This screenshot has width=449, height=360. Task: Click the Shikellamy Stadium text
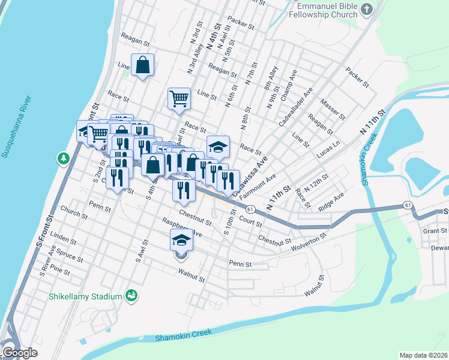pos(85,296)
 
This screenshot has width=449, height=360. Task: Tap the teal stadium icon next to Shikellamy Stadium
pos(130,296)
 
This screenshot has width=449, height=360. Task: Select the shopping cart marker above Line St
pos(179,98)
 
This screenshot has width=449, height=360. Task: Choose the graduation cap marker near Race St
pos(218,146)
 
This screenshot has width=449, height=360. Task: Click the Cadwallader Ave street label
pos(295,108)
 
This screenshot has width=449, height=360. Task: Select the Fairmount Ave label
pos(257,186)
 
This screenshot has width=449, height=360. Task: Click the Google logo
pos(20,352)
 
